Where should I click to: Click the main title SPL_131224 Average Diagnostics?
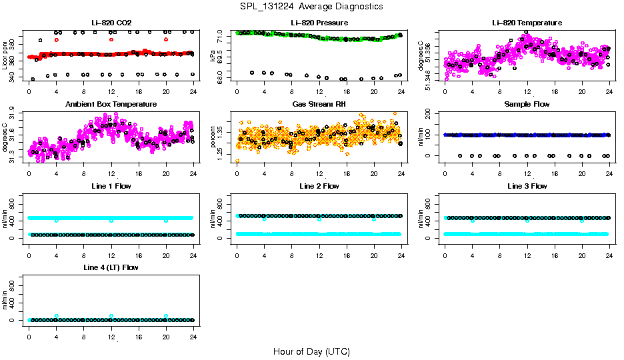pos(312,6)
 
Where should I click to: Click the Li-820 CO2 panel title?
pos(111,23)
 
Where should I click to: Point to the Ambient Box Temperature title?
pos(111,105)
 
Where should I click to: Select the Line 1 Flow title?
pos(111,186)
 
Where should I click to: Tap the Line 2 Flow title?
pos(319,186)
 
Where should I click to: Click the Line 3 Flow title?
pos(527,186)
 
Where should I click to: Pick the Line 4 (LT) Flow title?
pos(111,268)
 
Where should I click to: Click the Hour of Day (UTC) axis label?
pos(311,351)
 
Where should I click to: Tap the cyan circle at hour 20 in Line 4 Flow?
pos(166,316)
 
